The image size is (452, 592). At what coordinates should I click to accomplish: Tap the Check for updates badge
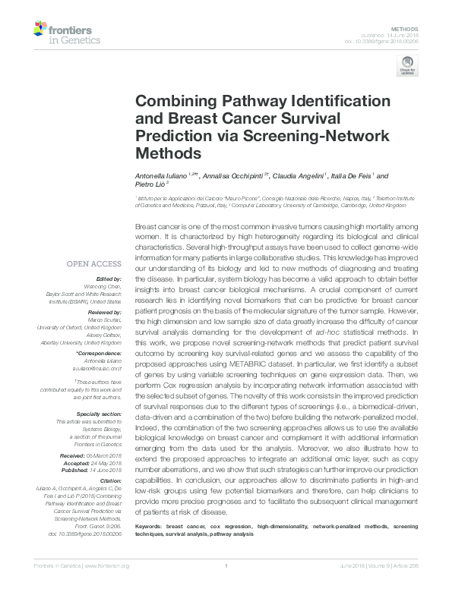tap(406, 68)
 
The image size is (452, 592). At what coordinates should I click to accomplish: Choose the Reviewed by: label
tap(103, 312)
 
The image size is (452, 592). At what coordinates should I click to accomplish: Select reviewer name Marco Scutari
tap(103, 319)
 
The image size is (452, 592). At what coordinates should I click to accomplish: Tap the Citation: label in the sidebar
tap(109, 480)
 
